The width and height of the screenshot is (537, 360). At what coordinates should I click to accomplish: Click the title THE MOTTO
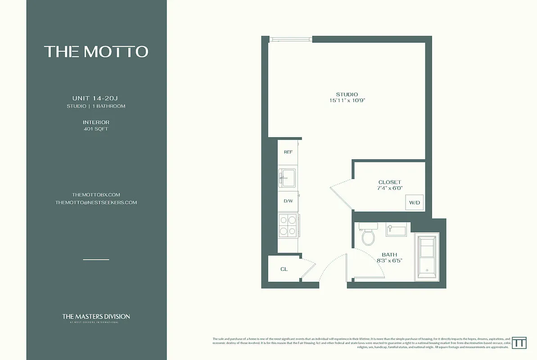click(x=96, y=51)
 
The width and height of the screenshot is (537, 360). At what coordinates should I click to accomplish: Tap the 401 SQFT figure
click(x=96, y=129)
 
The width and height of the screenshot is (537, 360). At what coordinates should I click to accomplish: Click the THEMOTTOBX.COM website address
click(x=96, y=194)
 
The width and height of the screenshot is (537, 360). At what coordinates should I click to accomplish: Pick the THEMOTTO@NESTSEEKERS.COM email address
click(x=96, y=202)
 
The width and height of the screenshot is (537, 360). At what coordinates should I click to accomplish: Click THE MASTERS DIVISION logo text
click(x=96, y=316)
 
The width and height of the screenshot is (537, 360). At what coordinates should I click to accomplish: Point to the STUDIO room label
click(x=347, y=94)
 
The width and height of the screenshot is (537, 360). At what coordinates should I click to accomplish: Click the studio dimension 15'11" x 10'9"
click(x=347, y=100)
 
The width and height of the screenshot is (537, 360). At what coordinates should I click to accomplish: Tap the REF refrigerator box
click(x=288, y=152)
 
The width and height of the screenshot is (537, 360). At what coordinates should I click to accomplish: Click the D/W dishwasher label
click(x=288, y=201)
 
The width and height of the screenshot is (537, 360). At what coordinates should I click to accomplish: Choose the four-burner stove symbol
click(x=288, y=225)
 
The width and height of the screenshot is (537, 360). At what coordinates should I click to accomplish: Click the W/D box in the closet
click(x=414, y=203)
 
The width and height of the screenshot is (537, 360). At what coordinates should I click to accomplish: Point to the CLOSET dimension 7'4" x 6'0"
click(x=389, y=189)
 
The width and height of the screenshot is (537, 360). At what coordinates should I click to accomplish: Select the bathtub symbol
click(x=426, y=257)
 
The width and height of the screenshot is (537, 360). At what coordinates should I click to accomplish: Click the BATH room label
click(x=389, y=255)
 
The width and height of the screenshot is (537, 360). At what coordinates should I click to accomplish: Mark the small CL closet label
click(x=284, y=269)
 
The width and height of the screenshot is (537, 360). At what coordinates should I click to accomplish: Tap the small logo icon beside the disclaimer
click(x=520, y=342)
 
